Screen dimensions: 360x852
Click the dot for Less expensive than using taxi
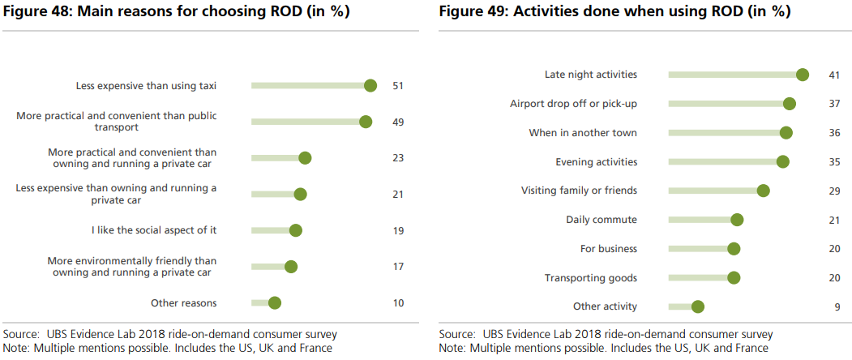tap(370, 85)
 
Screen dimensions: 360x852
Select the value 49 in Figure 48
tap(397, 122)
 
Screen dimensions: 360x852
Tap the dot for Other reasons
tap(274, 302)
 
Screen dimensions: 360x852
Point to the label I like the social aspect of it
tap(154, 230)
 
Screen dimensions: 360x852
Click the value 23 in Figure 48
tap(397, 157)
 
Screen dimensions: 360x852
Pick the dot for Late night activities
tap(803, 75)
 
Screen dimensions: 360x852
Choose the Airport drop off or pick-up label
tap(573, 104)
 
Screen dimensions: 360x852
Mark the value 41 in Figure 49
tap(833, 75)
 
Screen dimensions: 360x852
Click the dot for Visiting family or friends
tap(763, 191)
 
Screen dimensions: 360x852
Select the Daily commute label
tap(602, 220)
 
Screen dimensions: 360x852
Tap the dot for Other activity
tap(698, 306)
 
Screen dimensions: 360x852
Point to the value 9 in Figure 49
tap(836, 306)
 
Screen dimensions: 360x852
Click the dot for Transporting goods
tap(734, 278)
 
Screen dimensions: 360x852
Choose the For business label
tap(609, 249)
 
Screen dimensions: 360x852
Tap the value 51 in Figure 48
tap(397, 85)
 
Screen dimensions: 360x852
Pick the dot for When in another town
tap(786, 133)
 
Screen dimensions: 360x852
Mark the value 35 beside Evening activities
tap(833, 162)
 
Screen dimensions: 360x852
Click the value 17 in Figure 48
tap(397, 267)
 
